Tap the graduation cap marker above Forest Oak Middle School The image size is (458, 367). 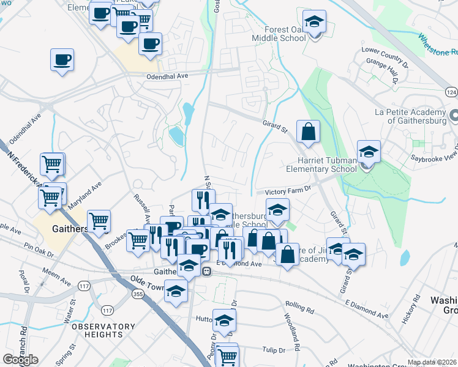[314, 23]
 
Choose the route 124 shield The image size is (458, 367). [451, 92]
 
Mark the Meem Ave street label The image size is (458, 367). [56, 273]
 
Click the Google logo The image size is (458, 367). [20, 359]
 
